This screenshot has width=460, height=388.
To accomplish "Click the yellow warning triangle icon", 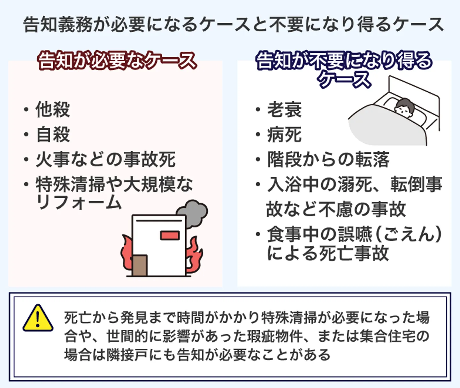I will coord(38,318).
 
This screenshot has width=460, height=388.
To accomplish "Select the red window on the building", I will coord(169,236).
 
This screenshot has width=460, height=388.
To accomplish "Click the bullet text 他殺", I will coord(53,109).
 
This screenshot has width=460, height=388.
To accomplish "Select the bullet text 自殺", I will coord(53,134).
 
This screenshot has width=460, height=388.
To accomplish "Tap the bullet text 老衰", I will coord(284,109).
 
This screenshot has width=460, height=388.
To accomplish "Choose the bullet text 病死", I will coord(284,134).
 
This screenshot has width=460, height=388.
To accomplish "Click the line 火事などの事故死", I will coord(105,159).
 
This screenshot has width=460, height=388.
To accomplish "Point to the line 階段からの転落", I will coord(328,159).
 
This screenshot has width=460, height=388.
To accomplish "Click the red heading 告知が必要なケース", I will coord(117,61).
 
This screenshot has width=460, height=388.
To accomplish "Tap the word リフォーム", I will coord(79,203).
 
